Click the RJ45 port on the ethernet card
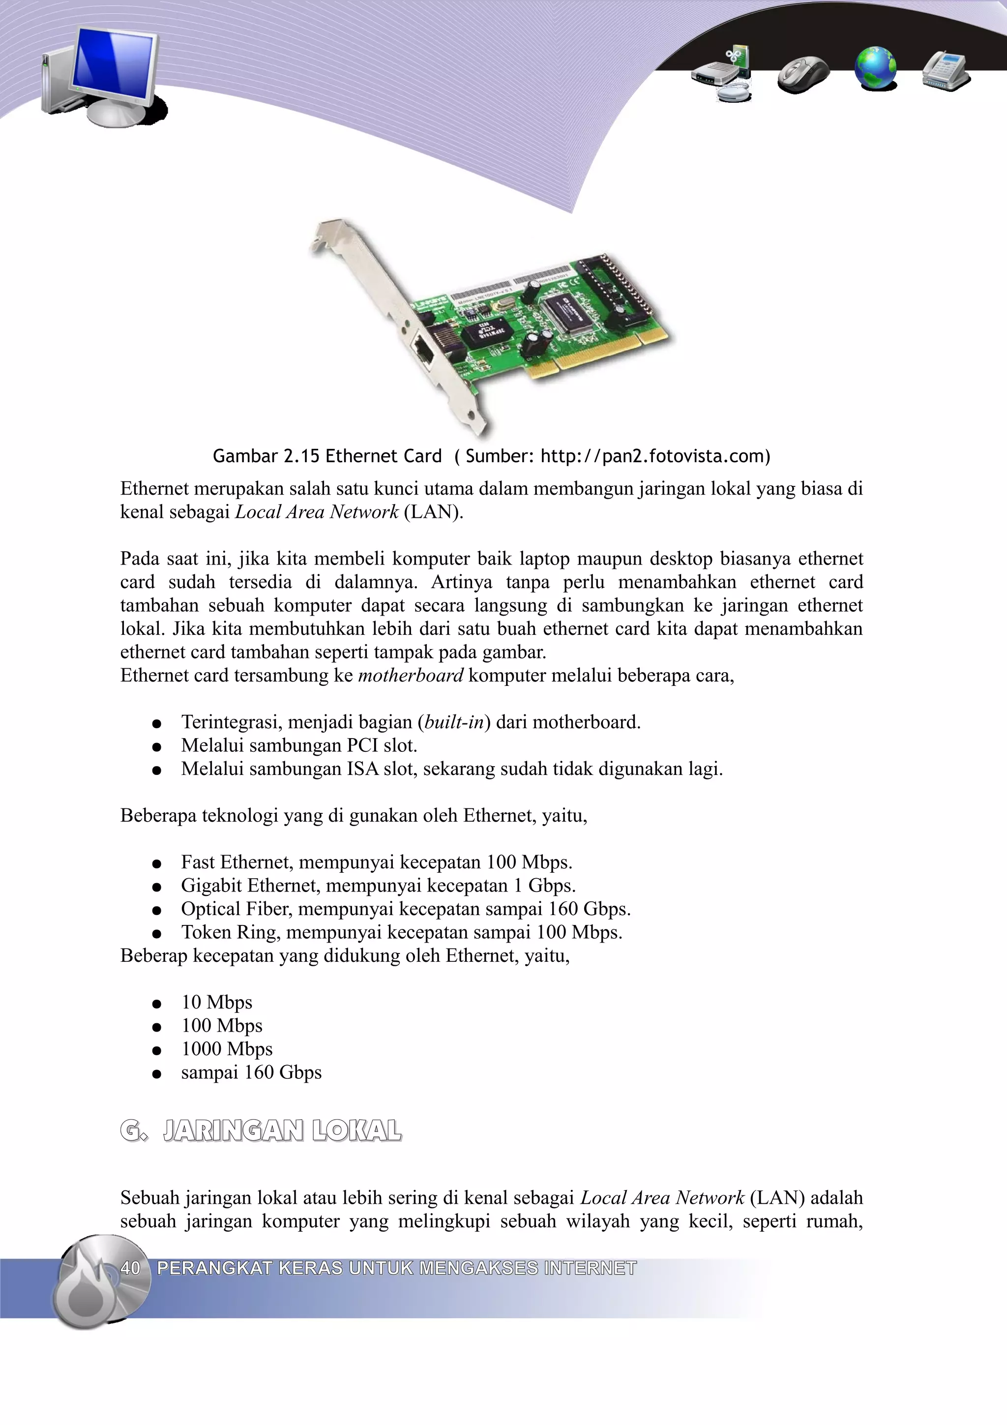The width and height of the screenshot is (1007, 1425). point(424,351)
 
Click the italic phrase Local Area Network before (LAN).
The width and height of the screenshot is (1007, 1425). point(317,512)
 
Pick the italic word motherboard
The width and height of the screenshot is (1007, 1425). point(411,675)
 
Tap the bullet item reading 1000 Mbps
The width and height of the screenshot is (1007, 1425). point(227,1049)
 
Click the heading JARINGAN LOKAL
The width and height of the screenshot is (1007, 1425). point(282,1131)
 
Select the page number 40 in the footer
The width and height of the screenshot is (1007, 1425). point(130,1268)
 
